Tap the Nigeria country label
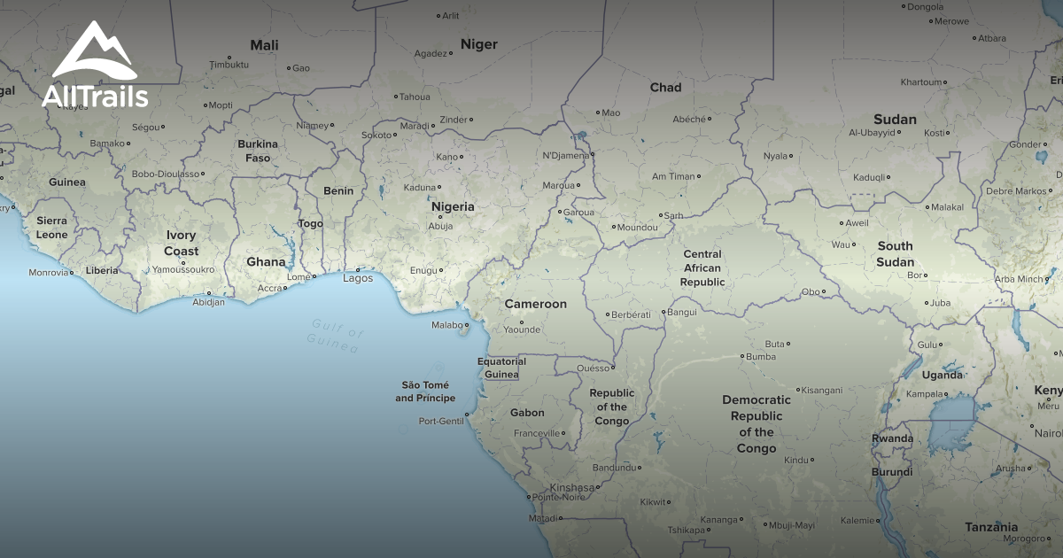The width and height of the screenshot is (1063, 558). pyautogui.click(x=453, y=206)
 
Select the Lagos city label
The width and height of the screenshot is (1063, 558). pyautogui.click(x=358, y=278)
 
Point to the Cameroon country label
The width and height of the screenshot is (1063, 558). pyautogui.click(x=535, y=304)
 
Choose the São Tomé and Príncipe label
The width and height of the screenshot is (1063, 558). pyautogui.click(x=425, y=391)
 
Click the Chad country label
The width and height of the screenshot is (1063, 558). pyautogui.click(x=665, y=88)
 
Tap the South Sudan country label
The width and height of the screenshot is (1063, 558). pyautogui.click(x=895, y=254)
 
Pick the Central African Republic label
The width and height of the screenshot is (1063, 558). pyautogui.click(x=702, y=268)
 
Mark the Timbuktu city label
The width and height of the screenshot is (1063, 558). pyautogui.click(x=229, y=65)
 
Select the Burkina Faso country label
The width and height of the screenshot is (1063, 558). pyautogui.click(x=258, y=151)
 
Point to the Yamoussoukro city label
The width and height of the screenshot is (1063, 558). pyautogui.click(x=183, y=269)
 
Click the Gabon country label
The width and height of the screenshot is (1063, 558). pyautogui.click(x=527, y=413)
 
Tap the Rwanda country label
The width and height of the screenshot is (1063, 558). pyautogui.click(x=892, y=438)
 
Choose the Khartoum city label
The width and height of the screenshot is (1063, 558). pyautogui.click(x=921, y=82)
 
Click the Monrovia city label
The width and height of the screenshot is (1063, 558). pyautogui.click(x=48, y=273)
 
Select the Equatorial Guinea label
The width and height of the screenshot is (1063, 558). pyautogui.click(x=501, y=368)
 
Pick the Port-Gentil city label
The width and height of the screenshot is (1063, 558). pyautogui.click(x=440, y=422)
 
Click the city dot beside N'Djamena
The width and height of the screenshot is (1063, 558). pyautogui.click(x=593, y=154)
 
